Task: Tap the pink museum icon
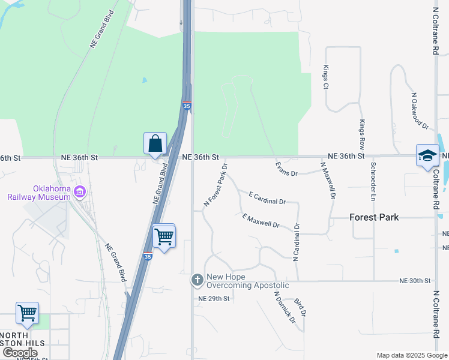(80, 192)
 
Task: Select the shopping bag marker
(155, 144)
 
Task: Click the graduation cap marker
(427, 156)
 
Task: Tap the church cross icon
(197, 280)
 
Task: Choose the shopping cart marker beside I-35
(164, 236)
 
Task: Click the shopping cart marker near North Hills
(27, 314)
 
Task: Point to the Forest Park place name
(374, 218)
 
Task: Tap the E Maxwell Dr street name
(261, 221)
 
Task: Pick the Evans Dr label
(286, 169)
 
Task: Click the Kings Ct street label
(326, 77)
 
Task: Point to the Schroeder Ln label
(373, 181)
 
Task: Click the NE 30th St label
(415, 281)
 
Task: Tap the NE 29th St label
(214, 298)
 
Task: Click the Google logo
(19, 353)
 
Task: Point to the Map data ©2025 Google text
(411, 355)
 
